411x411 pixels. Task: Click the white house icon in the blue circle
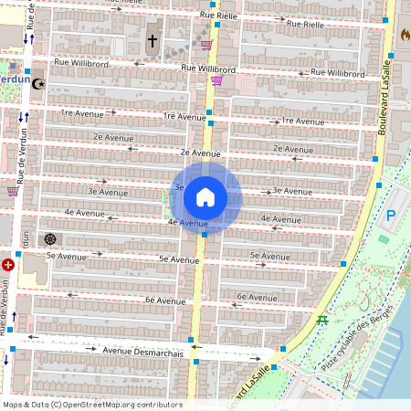(x=205, y=196)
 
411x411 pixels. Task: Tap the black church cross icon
(x=153, y=41)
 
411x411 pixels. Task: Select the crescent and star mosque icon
(x=38, y=83)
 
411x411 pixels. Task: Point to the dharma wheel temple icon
(x=50, y=239)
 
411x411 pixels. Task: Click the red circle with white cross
(x=9, y=264)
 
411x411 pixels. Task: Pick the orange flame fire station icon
(x=405, y=35)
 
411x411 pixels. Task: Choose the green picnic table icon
(x=322, y=319)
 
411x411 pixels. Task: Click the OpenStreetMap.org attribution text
(x=133, y=405)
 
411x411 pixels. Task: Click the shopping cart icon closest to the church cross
(x=207, y=44)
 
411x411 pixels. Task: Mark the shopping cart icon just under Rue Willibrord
(x=216, y=80)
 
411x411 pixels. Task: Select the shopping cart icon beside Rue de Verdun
(x=12, y=191)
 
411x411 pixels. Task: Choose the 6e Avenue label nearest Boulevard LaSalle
(x=256, y=296)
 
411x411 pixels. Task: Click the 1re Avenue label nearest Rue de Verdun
(x=80, y=112)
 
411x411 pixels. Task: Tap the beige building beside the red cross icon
(x=33, y=270)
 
